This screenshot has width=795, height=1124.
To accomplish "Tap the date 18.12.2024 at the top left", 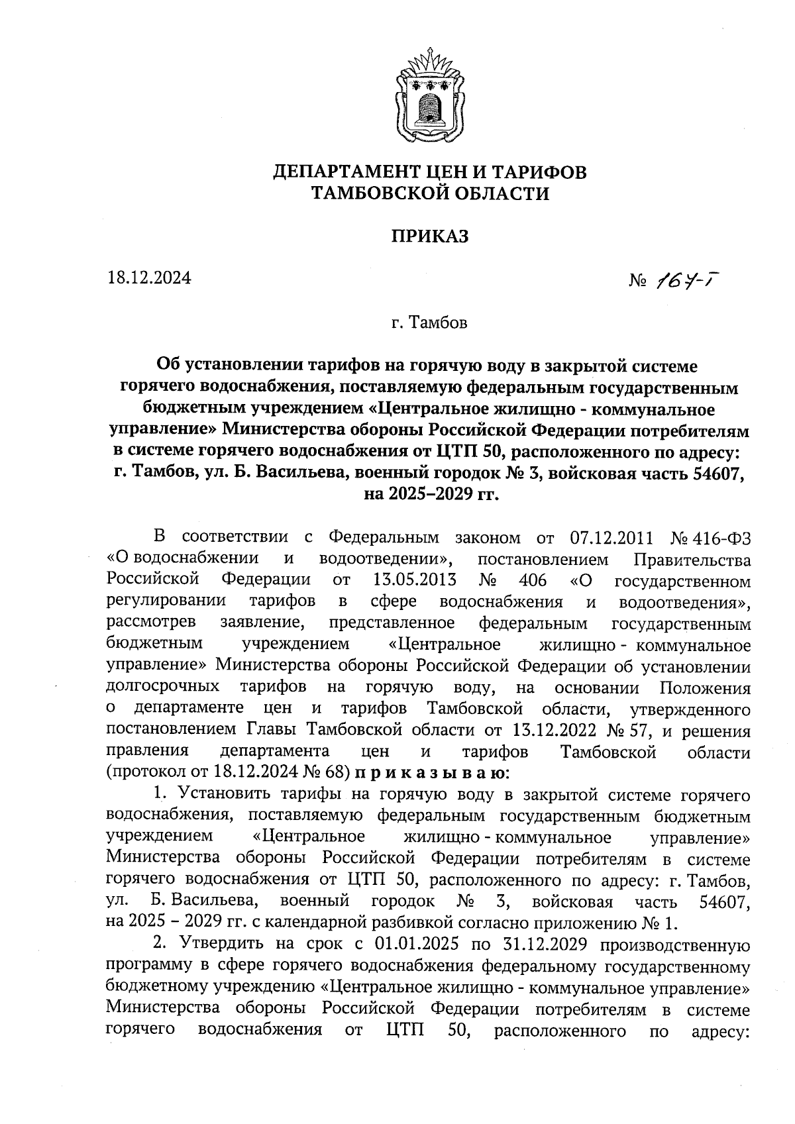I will point(149,279).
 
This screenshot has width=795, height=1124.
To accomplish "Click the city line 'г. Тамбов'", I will point(429,323).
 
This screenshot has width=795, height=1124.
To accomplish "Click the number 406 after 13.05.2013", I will point(533,581).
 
